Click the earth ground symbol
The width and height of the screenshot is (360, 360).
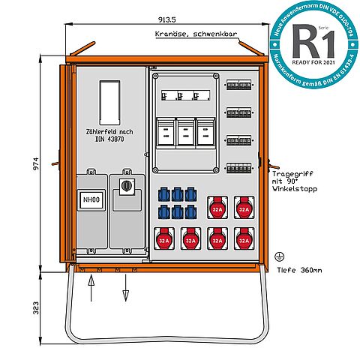coord(281,256)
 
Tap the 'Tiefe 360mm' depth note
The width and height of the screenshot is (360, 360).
coord(299,270)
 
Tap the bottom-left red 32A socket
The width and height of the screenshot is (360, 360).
coord(163,238)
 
